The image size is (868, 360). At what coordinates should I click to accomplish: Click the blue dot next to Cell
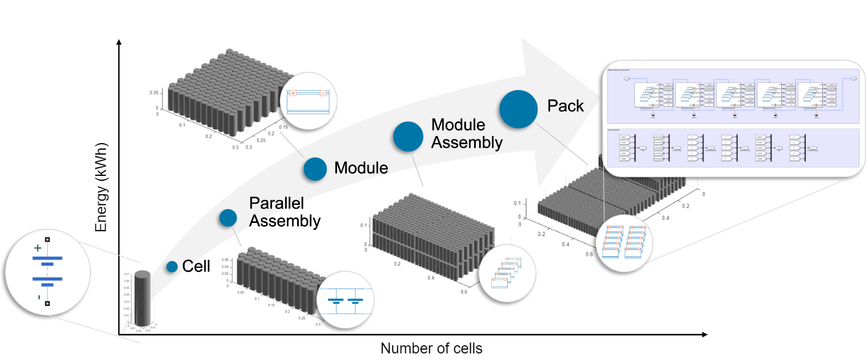(x=172, y=267)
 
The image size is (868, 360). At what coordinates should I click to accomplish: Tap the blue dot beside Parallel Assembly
(x=228, y=218)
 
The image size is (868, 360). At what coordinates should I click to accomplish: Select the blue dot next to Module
(x=315, y=169)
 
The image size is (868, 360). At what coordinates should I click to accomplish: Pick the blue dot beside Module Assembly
(x=408, y=137)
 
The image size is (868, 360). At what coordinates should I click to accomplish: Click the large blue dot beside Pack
(x=518, y=109)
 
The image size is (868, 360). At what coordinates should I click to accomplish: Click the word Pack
(x=565, y=106)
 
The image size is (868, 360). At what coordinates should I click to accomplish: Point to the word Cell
(x=196, y=267)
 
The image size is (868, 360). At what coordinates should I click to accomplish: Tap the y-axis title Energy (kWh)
(x=101, y=187)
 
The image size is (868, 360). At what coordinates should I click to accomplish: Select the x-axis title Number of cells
(x=431, y=348)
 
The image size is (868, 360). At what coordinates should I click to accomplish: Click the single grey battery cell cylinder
(x=142, y=298)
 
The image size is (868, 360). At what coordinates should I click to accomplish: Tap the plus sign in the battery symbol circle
(x=38, y=248)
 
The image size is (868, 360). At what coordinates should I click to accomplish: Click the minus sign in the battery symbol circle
(x=39, y=297)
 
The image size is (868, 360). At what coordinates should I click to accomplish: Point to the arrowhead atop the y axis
(x=119, y=42)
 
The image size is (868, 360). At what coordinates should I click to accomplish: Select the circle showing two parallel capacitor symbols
(x=345, y=300)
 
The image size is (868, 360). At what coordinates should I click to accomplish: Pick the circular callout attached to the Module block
(x=309, y=101)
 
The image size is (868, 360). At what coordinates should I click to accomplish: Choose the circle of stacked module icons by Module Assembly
(x=507, y=274)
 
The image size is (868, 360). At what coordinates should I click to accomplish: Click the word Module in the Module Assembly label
(x=458, y=125)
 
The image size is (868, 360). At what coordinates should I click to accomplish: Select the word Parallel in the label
(x=276, y=203)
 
